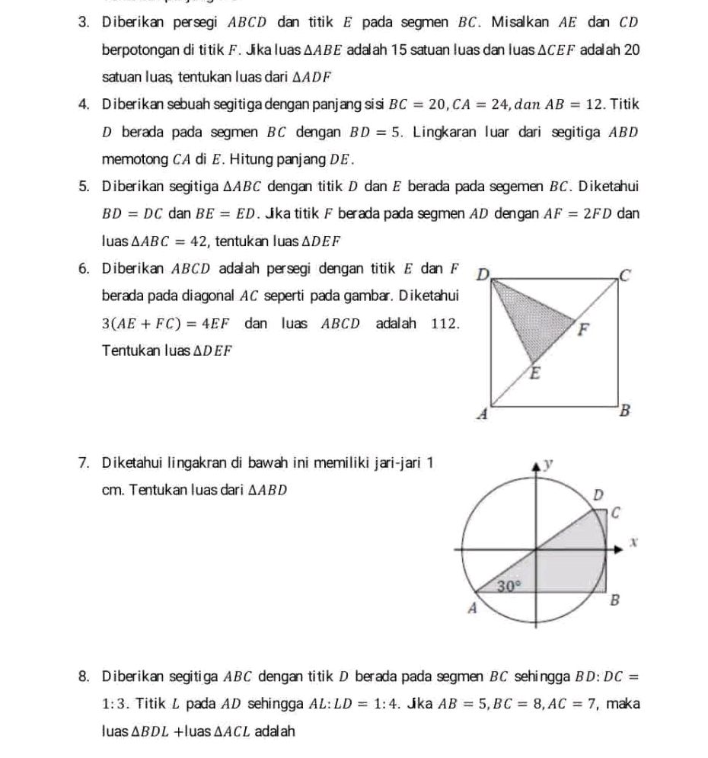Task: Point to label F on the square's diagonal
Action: tap(585, 331)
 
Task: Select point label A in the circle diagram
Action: tap(471, 609)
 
